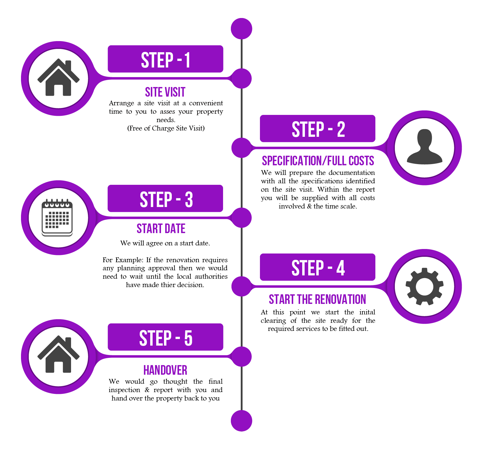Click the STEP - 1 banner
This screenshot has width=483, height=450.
pyautogui.click(x=165, y=59)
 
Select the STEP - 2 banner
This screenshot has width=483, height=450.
pyautogui.click(x=318, y=129)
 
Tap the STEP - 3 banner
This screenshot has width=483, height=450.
pyautogui.click(x=165, y=199)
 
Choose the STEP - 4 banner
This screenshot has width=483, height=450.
pyautogui.click(x=318, y=267)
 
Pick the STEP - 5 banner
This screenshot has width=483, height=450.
pyautogui.click(x=165, y=337)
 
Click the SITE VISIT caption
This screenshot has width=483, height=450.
pyautogui.click(x=165, y=92)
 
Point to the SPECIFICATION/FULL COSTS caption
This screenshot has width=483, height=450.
pyautogui.click(x=318, y=161)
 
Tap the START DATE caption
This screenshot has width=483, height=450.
pyautogui.click(x=161, y=229)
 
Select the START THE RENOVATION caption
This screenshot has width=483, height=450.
pyautogui.click(x=317, y=299)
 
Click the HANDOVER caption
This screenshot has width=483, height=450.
pyautogui.click(x=165, y=370)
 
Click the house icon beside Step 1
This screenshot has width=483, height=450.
pyautogui.click(x=58, y=78)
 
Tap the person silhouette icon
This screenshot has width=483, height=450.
pyautogui.click(x=424, y=147)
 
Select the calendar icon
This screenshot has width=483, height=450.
pyautogui.click(x=57, y=217)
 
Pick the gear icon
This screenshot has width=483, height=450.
pyautogui.click(x=424, y=286)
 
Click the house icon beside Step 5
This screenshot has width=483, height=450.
pyautogui.click(x=58, y=355)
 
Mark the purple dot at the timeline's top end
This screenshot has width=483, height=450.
pyautogui.click(x=242, y=29)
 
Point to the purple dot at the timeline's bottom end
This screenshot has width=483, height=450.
pyautogui.click(x=242, y=421)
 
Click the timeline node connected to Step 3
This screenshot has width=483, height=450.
pyautogui.click(x=242, y=218)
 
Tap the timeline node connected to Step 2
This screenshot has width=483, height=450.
pyautogui.click(x=241, y=148)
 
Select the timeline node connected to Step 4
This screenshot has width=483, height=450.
pyautogui.click(x=241, y=286)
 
